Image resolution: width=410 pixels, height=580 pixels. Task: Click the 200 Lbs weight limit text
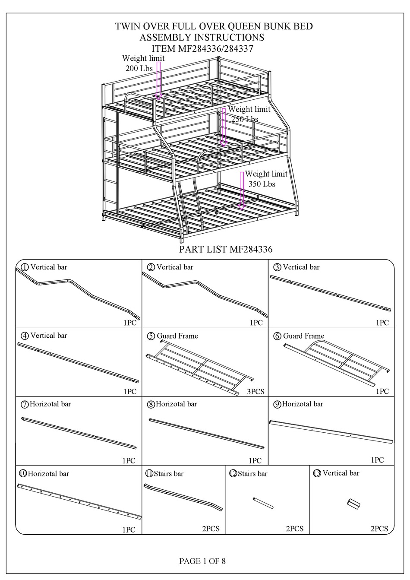(x=139, y=68)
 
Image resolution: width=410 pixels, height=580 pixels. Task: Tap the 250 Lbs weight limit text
(x=245, y=119)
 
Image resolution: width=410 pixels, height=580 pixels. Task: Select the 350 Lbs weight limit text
(x=262, y=184)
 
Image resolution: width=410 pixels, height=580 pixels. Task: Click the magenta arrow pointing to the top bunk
(x=158, y=80)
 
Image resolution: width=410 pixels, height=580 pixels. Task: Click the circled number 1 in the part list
(x=25, y=267)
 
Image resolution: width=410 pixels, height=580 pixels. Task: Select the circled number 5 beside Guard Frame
(x=151, y=336)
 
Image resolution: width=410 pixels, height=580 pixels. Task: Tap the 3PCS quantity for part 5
(x=255, y=392)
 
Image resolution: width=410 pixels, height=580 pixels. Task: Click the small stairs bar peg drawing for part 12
(x=263, y=503)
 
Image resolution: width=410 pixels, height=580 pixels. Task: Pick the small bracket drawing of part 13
(x=353, y=504)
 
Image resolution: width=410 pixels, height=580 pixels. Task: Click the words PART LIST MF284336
(x=226, y=249)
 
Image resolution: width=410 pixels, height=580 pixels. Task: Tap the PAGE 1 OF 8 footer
(x=202, y=561)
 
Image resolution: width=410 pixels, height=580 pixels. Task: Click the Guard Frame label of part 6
(x=303, y=336)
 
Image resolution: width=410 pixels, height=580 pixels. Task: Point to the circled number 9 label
(x=278, y=404)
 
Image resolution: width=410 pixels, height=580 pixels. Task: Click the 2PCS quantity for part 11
(x=211, y=529)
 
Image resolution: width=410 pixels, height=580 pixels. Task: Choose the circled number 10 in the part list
(x=23, y=474)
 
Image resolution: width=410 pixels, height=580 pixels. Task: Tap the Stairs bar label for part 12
(x=252, y=474)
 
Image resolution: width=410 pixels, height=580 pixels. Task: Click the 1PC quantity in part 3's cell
(x=382, y=323)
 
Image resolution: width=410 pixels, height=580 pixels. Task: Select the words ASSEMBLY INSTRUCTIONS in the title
(x=202, y=38)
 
